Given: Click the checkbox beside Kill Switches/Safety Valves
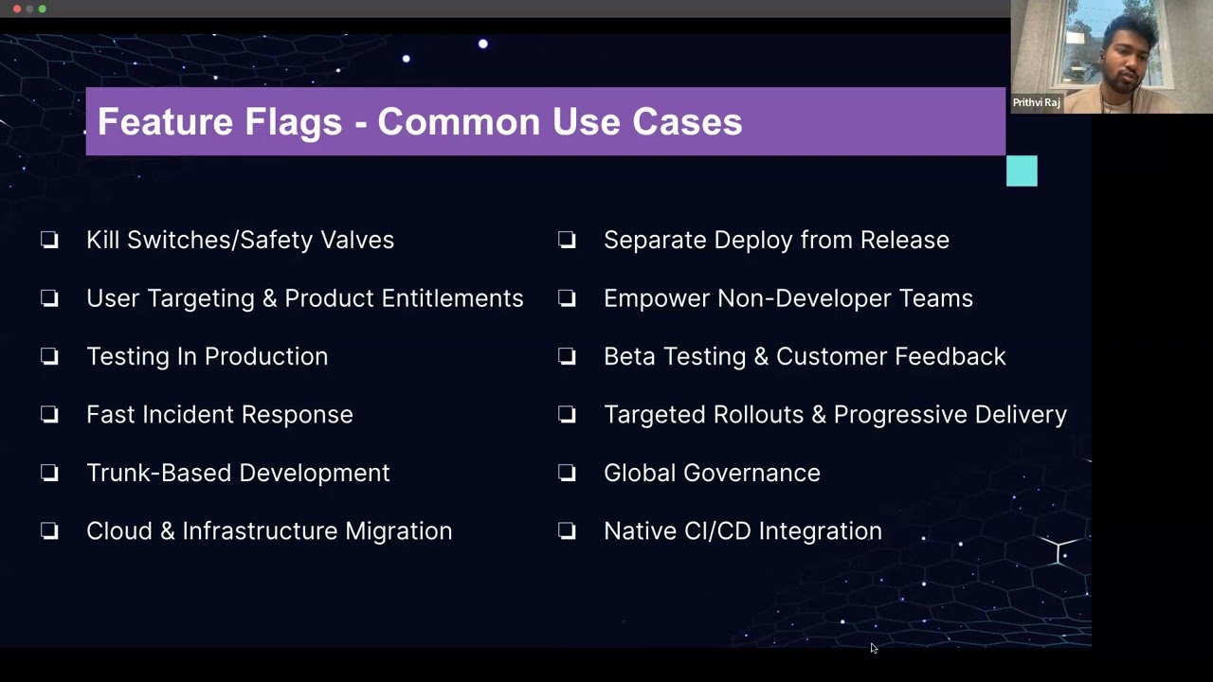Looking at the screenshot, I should [x=49, y=241].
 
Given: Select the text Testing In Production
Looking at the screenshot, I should [x=207, y=357].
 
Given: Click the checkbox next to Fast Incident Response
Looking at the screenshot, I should [x=49, y=415].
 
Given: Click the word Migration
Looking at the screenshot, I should [x=398, y=531].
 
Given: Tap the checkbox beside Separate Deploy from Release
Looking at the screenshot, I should [x=567, y=241].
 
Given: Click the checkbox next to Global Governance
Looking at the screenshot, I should [x=567, y=473].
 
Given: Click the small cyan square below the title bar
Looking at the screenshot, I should [x=1022, y=171].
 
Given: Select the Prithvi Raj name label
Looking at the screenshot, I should [x=1036, y=102].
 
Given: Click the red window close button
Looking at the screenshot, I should [x=16, y=9].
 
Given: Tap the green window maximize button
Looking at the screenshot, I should [x=43, y=9].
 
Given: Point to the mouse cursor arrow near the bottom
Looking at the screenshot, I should [x=873, y=648].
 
